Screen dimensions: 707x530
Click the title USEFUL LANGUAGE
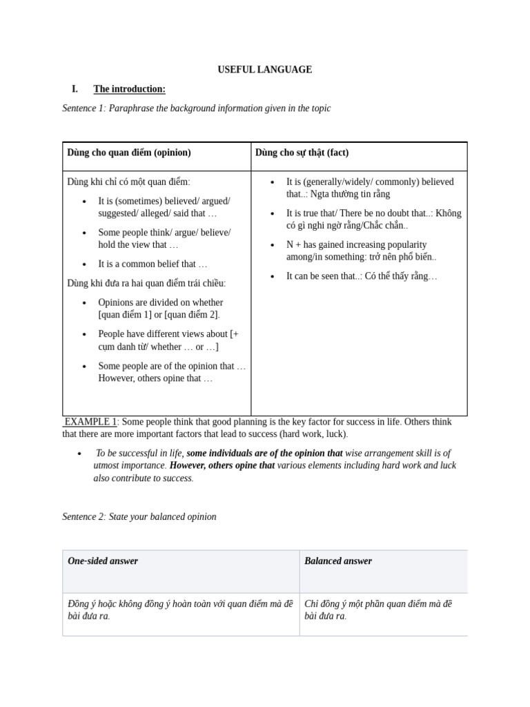[265, 70]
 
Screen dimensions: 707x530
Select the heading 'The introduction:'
[129, 89]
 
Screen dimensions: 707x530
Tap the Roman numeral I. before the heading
[75, 89]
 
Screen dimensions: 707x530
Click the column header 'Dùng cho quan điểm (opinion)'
[129, 153]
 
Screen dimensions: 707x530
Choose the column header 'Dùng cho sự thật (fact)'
[302, 153]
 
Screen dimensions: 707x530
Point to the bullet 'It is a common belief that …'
[153, 264]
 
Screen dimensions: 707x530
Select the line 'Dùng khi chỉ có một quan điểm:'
[128, 182]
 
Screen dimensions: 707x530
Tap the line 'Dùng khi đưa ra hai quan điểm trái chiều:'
[146, 283]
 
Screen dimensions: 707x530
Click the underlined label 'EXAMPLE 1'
[91, 422]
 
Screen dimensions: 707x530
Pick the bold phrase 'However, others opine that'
[222, 466]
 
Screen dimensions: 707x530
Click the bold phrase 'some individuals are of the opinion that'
[264, 454]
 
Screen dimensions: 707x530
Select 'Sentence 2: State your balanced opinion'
[139, 516]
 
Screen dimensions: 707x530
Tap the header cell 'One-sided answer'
[103, 561]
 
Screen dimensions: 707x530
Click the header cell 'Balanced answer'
[338, 561]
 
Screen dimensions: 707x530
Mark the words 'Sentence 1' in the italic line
[84, 108]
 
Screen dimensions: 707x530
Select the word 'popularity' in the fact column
[404, 244]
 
